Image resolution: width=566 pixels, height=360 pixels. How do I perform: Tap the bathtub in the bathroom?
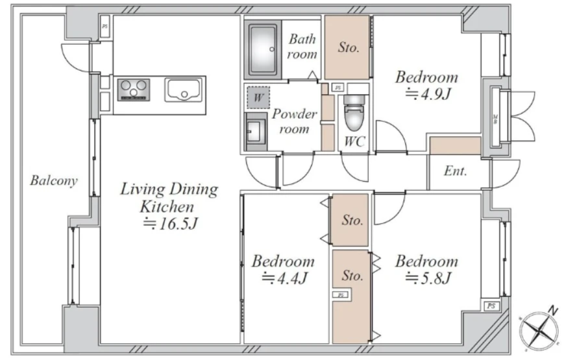[262, 49]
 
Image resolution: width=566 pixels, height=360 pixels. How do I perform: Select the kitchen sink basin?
[183, 90]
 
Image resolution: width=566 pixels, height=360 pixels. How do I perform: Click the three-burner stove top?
[134, 90]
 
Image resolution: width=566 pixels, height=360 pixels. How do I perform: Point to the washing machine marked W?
[258, 97]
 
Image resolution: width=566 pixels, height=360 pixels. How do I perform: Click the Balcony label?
[54, 180]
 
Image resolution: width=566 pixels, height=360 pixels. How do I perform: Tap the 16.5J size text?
[170, 224]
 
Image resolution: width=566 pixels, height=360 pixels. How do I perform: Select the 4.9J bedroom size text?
[428, 95]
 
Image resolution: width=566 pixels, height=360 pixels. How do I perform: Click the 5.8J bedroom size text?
[428, 278]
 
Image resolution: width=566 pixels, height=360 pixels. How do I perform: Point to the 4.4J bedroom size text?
[284, 278]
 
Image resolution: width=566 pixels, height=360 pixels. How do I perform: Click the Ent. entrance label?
[455, 171]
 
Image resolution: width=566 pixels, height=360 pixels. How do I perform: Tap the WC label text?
[354, 142]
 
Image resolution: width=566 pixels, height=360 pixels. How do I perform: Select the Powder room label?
[294, 121]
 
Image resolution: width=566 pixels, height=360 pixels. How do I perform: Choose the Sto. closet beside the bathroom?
[347, 47]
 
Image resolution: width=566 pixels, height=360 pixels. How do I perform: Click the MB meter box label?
[495, 119]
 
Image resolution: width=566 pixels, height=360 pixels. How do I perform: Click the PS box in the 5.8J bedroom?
[491, 306]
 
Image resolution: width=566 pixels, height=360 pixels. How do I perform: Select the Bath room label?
[302, 47]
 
